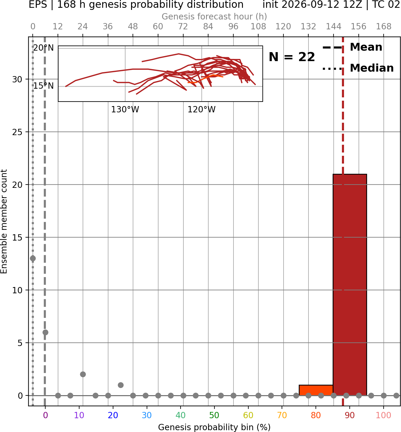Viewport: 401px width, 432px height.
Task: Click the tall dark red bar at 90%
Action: pos(350,285)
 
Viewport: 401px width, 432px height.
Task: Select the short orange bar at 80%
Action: pos(316,390)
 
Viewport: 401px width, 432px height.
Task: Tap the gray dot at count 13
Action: pos(33,259)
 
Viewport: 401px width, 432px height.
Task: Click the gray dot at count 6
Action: pos(45,332)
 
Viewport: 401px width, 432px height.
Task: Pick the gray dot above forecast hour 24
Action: pos(83,374)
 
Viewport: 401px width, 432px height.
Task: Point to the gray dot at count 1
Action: pos(121,385)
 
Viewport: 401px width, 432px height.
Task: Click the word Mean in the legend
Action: pos(366,47)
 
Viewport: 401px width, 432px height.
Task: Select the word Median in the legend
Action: pos(372,68)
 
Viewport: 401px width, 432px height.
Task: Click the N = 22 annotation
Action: pos(292,57)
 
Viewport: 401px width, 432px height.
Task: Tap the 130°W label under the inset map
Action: pos(125,109)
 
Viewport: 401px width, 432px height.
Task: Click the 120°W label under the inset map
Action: pos(202,109)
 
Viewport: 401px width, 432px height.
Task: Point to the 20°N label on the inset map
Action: pos(43,48)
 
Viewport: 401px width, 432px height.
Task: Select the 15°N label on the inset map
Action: pos(43,86)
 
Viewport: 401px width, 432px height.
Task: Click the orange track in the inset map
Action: pos(205,79)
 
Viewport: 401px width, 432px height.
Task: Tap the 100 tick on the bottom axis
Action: pos(384,415)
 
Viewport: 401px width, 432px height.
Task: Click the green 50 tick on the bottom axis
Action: pos(214,415)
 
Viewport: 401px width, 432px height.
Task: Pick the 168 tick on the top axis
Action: pos(384,27)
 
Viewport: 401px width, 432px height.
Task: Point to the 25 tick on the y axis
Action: pos(17,132)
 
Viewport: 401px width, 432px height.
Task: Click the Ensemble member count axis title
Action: pos(4,221)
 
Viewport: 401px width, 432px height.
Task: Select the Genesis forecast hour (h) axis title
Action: pos(214,16)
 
